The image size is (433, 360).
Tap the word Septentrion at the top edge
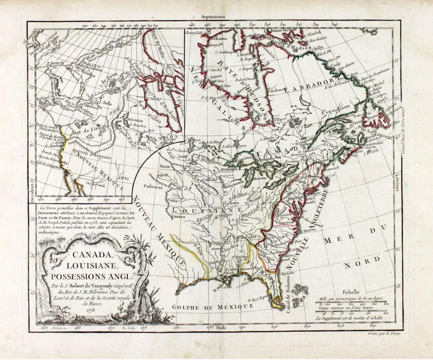point(212,17)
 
